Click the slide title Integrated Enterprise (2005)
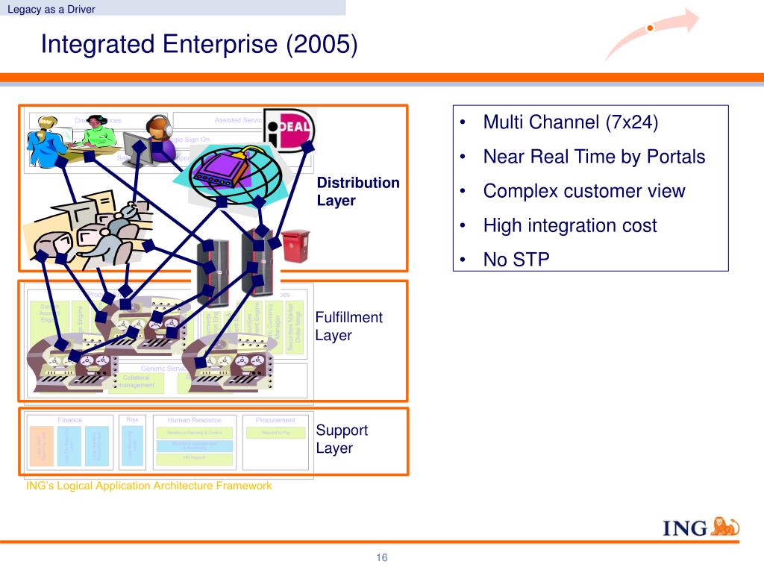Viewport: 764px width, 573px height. (199, 45)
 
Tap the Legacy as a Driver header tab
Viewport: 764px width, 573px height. (51, 9)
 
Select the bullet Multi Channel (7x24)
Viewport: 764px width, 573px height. (571, 122)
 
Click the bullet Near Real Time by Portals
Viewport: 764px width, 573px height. (594, 157)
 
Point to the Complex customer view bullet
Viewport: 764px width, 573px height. (583, 191)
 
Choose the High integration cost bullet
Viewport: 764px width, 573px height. (570, 225)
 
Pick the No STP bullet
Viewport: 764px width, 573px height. (516, 260)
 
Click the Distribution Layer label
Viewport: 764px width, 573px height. (358, 192)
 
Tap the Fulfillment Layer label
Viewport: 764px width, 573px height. (348, 326)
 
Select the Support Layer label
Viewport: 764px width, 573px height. (342, 439)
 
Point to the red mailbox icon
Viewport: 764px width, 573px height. (295, 245)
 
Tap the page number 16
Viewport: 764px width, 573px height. (382, 558)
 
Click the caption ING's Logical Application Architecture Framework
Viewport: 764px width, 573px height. (149, 486)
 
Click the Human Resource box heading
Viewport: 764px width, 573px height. (194, 420)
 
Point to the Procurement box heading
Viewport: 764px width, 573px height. (275, 420)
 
